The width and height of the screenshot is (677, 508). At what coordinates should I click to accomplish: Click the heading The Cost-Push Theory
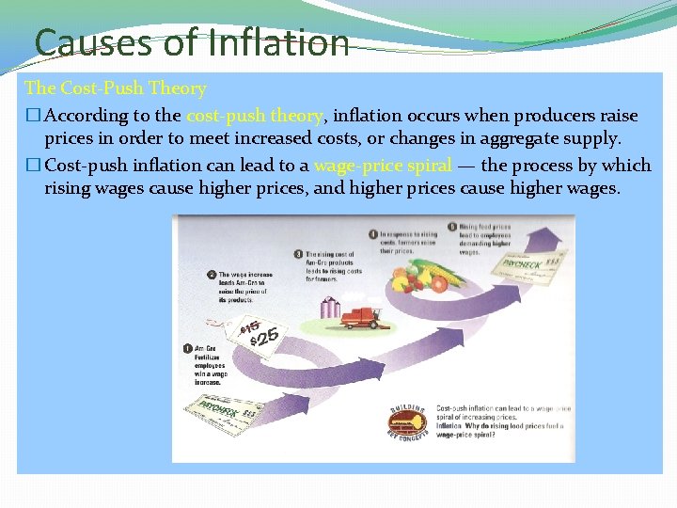click(116, 88)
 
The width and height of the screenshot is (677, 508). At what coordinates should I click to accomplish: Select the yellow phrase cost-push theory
click(254, 116)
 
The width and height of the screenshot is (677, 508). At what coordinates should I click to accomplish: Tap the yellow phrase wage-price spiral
click(382, 165)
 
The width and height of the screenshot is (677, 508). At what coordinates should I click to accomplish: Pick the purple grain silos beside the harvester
click(330, 307)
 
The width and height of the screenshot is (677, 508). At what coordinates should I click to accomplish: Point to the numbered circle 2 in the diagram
click(211, 276)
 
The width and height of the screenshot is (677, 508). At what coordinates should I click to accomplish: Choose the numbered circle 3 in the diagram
click(298, 254)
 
